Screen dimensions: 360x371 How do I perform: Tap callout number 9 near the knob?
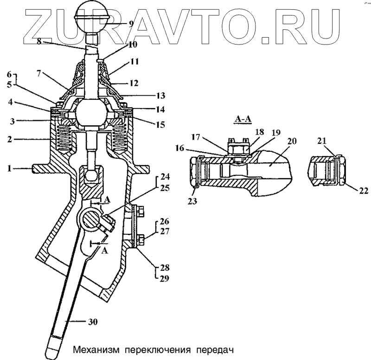pos(132,24)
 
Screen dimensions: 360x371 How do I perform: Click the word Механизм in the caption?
pos(93,348)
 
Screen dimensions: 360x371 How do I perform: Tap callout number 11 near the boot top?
pos(134,60)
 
